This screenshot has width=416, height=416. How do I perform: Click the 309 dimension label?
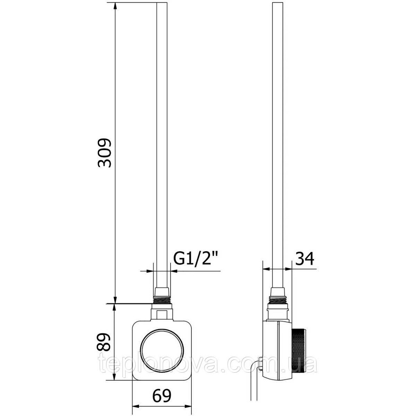[104, 152]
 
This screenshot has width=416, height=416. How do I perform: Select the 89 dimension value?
[104, 342]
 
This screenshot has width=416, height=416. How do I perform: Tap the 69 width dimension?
[162, 396]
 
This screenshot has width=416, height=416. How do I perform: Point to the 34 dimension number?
[305, 258]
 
